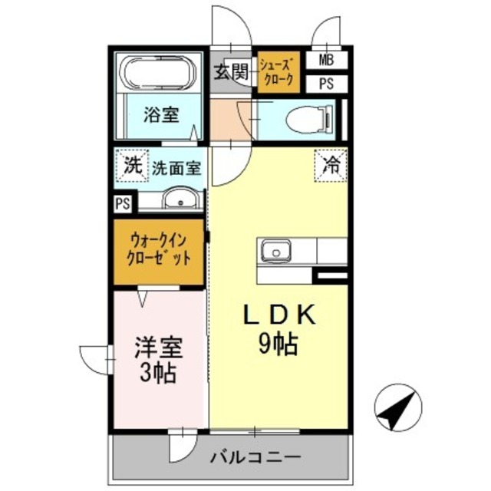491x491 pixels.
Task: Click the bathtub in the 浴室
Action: point(159,74)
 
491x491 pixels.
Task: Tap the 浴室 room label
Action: point(161,115)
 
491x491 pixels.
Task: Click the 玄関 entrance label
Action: point(230,72)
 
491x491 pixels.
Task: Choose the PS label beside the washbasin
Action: point(121,203)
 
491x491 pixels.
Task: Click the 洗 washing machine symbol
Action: point(133,164)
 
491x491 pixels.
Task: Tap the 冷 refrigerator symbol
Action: point(330,163)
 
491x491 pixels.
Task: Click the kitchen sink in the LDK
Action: point(275,251)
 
